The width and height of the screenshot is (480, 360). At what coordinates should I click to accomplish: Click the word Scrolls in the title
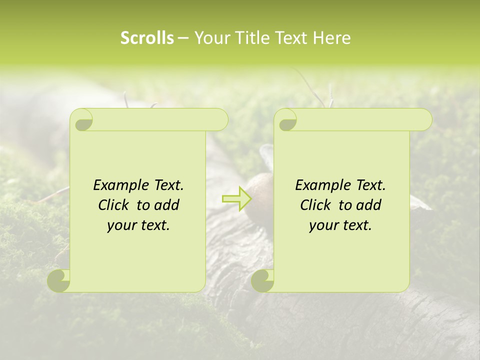point(147,38)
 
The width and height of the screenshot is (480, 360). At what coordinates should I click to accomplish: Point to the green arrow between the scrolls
point(237,198)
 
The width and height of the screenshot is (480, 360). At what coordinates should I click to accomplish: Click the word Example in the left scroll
point(116,185)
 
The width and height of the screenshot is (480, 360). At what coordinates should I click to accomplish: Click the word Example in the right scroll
point(318,185)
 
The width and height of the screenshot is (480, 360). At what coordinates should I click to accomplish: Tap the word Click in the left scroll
point(115,205)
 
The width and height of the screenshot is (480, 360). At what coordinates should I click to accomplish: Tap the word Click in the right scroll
point(317,205)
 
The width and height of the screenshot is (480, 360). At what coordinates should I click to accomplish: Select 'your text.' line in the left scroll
point(138,225)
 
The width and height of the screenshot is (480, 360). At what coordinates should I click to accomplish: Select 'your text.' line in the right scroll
point(340,225)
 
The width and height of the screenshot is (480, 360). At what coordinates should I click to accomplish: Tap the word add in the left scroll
point(167,205)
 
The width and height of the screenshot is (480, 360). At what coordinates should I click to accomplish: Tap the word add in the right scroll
point(369,205)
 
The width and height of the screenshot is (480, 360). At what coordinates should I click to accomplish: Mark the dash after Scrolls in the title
point(183,38)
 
